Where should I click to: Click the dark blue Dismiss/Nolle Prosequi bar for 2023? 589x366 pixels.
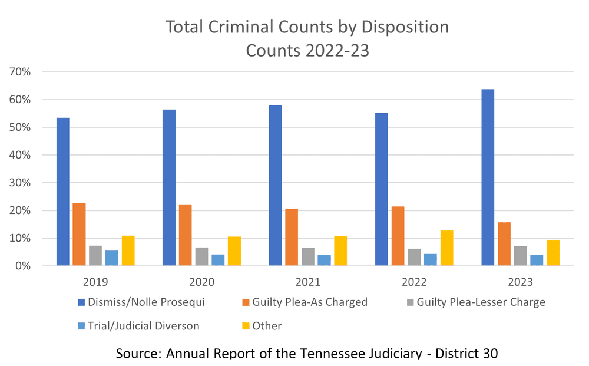click(487, 177)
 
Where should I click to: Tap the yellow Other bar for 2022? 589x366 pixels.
click(446, 248)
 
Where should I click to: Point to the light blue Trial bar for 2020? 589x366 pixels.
click(218, 260)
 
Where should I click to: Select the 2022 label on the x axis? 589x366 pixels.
click(413, 282)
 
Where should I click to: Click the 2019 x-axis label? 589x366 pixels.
click(95, 282)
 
